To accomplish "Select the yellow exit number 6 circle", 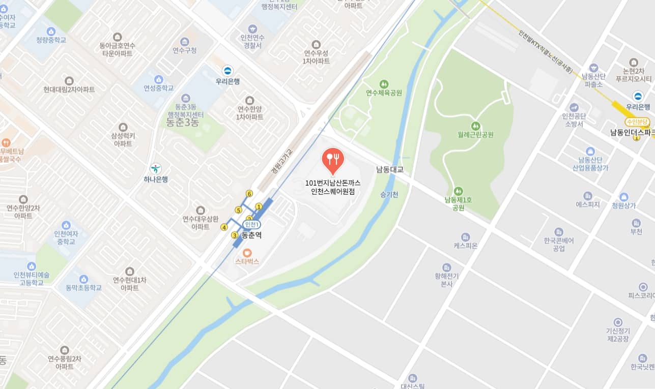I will click(249, 193).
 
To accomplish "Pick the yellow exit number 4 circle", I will click(224, 227).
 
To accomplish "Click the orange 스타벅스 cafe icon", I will click(247, 252).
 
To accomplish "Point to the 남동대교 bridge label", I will click(389, 169).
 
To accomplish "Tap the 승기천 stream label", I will click(389, 194).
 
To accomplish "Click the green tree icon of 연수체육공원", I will click(384, 83).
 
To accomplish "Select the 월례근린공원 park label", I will click(475, 135).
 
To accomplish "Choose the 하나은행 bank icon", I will click(156, 168).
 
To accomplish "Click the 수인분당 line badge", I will click(638, 122).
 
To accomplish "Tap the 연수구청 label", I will click(184, 50).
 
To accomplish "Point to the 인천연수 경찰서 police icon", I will click(252, 29).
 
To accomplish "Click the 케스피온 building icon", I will click(465, 237).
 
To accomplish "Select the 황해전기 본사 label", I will click(447, 280).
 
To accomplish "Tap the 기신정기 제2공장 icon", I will click(618, 322).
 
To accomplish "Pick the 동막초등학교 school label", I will click(83, 288).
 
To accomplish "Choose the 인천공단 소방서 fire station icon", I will click(574, 107).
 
